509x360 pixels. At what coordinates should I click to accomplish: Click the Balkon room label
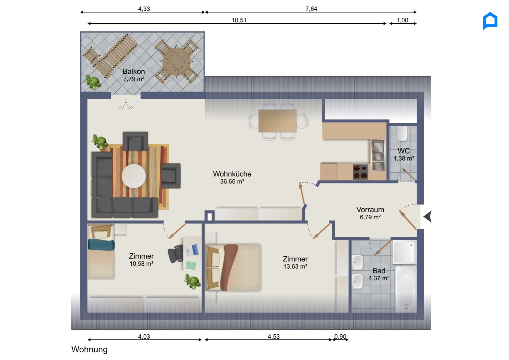click(134, 71)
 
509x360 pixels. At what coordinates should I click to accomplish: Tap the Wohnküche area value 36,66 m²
click(232, 182)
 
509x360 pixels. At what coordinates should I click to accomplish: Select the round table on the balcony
click(177, 61)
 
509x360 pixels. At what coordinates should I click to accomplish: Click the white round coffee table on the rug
click(134, 176)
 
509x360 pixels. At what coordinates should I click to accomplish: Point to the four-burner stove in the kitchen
click(360, 172)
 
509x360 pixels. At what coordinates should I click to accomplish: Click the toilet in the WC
click(402, 134)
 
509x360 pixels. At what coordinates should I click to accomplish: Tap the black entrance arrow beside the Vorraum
click(428, 216)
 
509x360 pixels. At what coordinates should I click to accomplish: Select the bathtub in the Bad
click(405, 289)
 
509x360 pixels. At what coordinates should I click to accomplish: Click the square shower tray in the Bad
click(404, 252)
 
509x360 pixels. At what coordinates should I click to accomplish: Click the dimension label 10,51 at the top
click(239, 20)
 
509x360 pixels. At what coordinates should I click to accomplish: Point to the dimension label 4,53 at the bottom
click(273, 336)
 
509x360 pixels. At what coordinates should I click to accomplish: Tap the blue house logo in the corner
click(490, 21)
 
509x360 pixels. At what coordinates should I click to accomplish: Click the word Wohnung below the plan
click(89, 349)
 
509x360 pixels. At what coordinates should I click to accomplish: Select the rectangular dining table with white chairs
click(277, 121)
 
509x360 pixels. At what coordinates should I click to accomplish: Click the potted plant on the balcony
click(93, 82)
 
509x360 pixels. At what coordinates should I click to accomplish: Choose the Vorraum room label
click(370, 210)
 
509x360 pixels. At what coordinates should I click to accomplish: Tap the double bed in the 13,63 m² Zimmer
click(233, 267)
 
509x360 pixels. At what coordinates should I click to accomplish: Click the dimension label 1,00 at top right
click(402, 20)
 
